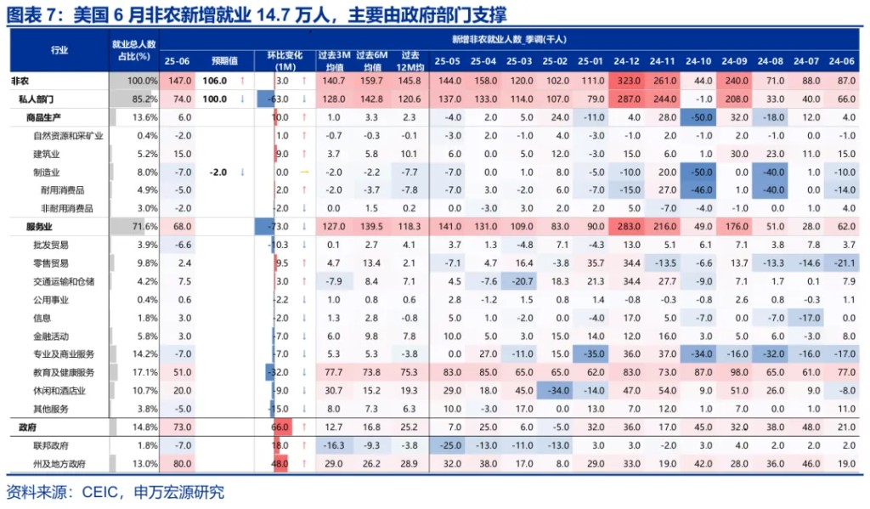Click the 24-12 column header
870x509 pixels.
click(626, 61)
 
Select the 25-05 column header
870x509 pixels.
click(447, 61)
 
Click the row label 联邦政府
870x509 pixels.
click(51, 445)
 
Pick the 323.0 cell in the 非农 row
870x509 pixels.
click(626, 80)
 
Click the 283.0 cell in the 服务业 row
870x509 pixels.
click(626, 227)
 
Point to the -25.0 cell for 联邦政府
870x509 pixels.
click(447, 445)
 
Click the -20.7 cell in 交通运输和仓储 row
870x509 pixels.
click(518, 281)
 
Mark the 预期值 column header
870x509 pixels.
click(224, 61)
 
